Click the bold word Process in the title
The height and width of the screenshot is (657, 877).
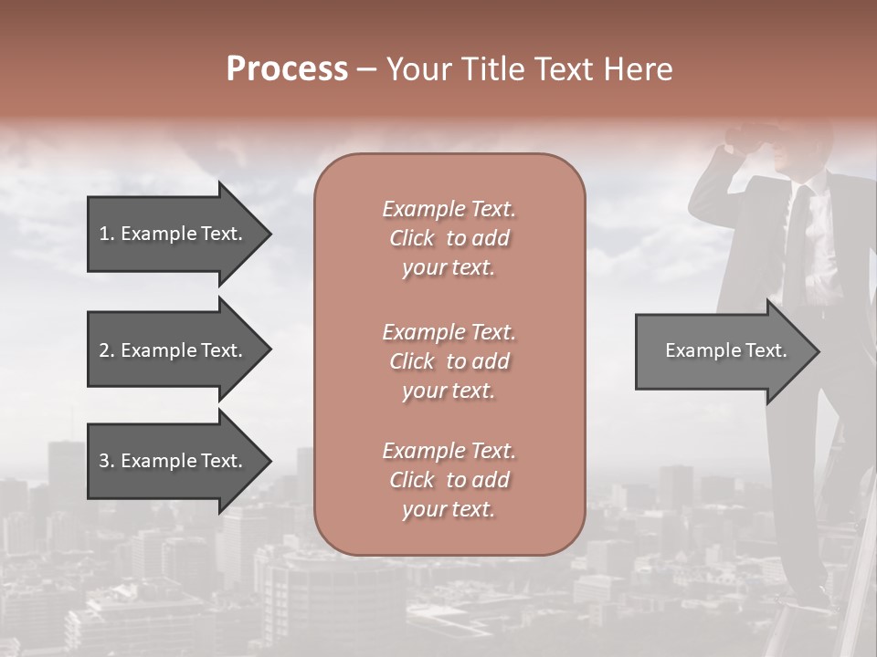pos(287,69)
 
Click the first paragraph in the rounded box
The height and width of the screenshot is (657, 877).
pos(449,238)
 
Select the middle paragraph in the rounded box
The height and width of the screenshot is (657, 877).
pos(449,361)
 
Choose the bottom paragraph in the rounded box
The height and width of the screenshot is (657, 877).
pos(449,480)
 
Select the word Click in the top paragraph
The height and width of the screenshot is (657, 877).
pos(412,238)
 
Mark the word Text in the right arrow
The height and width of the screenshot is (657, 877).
pos(766,350)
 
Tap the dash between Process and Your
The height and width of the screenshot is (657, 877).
pos(366,70)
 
